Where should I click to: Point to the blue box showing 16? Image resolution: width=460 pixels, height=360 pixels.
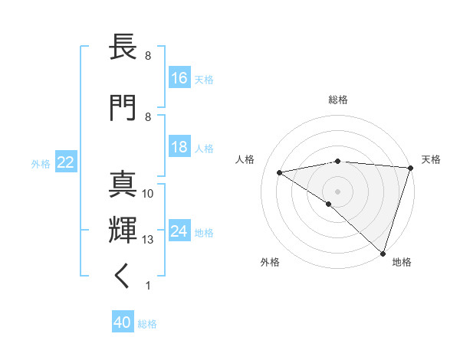(179, 78)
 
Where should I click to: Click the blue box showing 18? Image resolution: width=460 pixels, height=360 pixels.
(179, 147)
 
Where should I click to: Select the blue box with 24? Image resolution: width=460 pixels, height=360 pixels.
(179, 231)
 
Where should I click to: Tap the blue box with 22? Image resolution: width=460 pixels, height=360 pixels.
(66, 162)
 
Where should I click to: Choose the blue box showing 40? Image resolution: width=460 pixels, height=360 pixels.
(123, 323)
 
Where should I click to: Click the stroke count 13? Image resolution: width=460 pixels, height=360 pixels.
(148, 240)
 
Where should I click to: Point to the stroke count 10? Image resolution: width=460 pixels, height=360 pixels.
(148, 194)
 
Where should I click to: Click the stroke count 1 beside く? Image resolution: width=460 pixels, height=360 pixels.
(147, 286)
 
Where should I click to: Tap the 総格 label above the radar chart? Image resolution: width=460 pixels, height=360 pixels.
(338, 100)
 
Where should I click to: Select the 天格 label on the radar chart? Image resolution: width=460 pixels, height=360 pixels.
(431, 159)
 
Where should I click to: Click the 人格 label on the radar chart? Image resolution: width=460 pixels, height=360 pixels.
(245, 159)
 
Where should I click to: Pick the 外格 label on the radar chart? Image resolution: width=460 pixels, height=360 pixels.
(270, 262)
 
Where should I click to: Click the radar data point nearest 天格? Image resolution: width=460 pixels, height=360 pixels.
(410, 167)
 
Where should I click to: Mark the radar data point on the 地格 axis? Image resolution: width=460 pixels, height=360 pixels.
(383, 253)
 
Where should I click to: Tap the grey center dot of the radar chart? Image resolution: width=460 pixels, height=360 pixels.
(337, 190)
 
